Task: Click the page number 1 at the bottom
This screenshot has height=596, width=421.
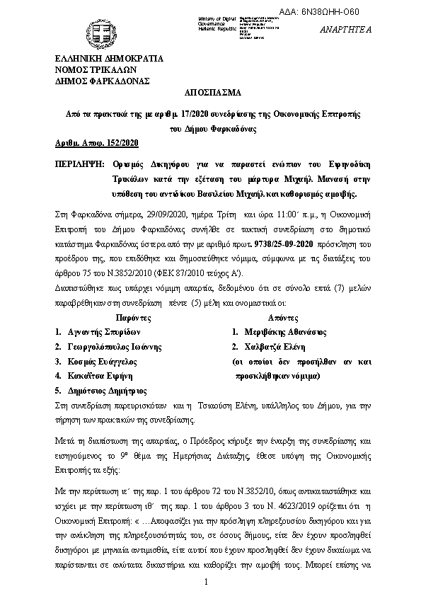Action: (204, 582)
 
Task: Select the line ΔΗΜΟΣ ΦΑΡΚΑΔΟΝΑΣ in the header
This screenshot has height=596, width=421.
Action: (103, 81)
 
